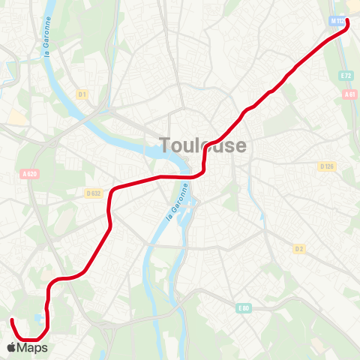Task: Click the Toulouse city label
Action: (x=202, y=145)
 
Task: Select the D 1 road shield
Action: (x=82, y=94)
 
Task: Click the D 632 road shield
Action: (x=94, y=193)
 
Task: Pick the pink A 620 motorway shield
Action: (x=29, y=175)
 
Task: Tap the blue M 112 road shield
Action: (x=338, y=22)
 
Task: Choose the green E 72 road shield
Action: (x=346, y=76)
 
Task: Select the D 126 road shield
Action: (x=326, y=166)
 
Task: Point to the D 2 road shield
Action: (x=299, y=248)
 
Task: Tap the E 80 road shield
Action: (x=243, y=307)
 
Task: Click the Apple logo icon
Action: (x=11, y=347)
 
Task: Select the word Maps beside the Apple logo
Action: (x=32, y=348)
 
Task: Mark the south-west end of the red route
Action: (x=12, y=321)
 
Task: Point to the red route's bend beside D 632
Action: (x=112, y=191)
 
